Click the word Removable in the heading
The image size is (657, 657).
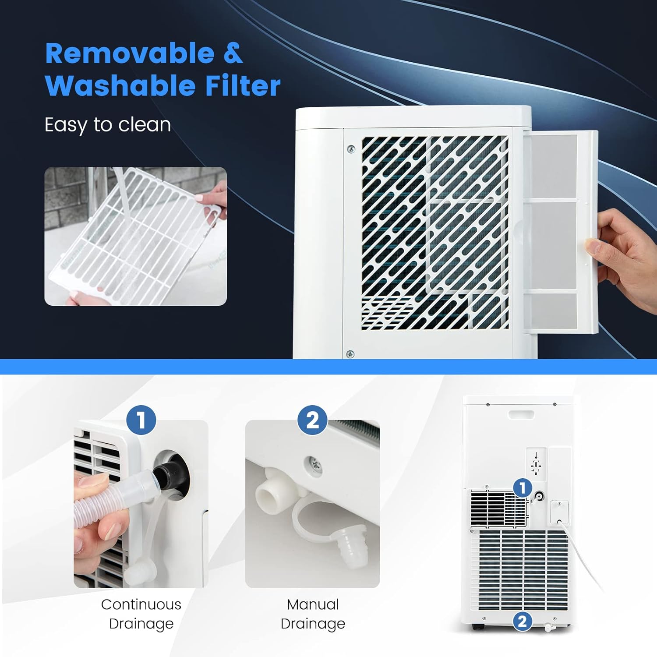tap(130, 54)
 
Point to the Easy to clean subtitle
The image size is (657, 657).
tap(108, 125)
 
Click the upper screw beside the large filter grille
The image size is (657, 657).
tap(351, 149)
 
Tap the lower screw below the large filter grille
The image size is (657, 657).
tap(350, 354)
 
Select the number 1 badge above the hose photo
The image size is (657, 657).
tap(141, 420)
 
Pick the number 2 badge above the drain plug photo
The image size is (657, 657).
tap(312, 420)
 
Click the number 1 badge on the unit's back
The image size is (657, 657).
tap(522, 487)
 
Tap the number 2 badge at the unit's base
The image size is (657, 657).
tap(522, 621)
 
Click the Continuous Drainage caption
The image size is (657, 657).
tap(141, 614)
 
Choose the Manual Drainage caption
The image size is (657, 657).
tap(313, 614)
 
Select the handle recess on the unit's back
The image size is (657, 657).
tap(521, 414)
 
